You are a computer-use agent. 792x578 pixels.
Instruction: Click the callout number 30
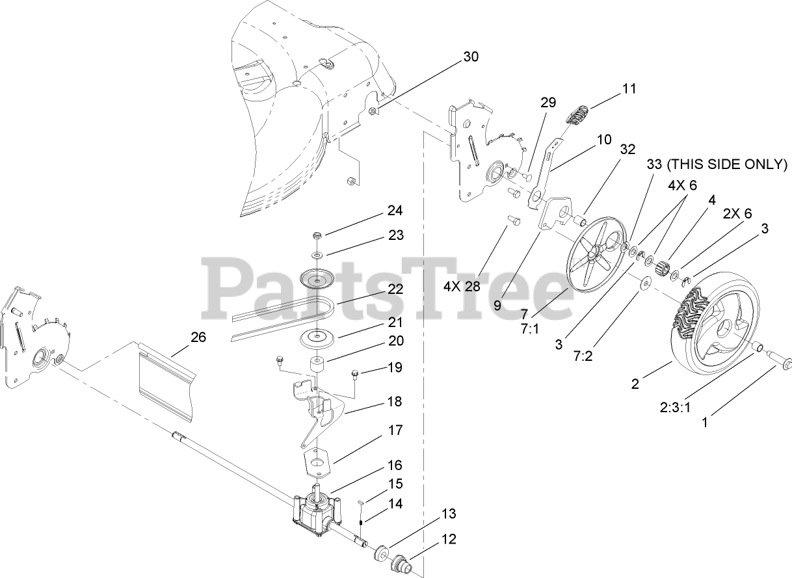pyautogui.click(x=471, y=57)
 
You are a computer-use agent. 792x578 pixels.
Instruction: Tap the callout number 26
pyautogui.click(x=198, y=337)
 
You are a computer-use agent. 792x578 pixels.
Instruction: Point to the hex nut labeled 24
pyautogui.click(x=317, y=235)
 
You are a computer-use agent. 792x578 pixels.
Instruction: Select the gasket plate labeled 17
pyautogui.click(x=319, y=461)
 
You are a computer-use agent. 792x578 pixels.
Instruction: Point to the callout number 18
pyautogui.click(x=395, y=402)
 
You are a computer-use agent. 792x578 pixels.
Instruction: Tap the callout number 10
pyautogui.click(x=604, y=139)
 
